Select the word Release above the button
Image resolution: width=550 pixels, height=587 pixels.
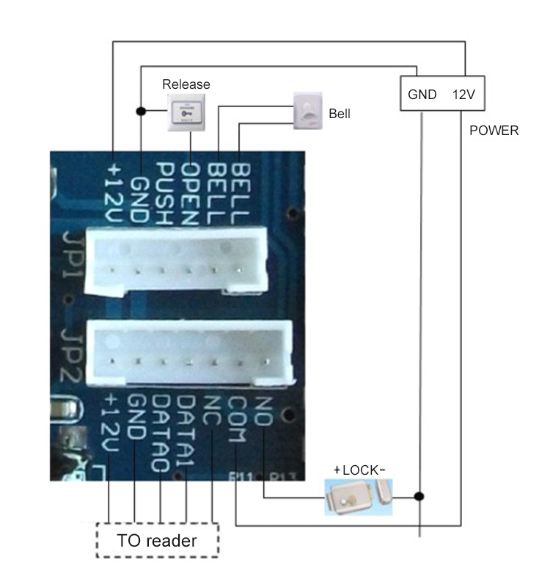point(186,84)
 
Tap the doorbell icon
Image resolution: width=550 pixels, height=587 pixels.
point(308,111)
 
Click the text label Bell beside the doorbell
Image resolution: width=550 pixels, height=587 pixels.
point(340,114)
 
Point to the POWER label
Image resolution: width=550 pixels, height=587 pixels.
point(494,131)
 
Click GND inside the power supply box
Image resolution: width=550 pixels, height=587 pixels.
point(422,94)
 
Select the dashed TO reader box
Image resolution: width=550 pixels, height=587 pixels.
point(157,542)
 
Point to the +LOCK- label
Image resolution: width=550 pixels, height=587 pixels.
point(359,470)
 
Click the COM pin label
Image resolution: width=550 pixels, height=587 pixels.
point(236,419)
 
